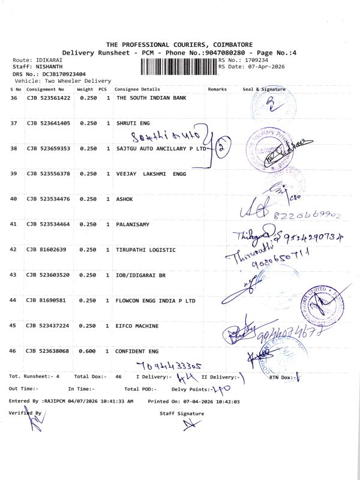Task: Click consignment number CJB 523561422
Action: tap(49, 98)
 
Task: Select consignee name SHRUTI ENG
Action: tap(133, 123)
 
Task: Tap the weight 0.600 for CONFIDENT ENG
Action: tap(88, 351)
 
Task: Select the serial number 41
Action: tap(14, 224)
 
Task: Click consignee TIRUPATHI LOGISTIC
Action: tap(146, 250)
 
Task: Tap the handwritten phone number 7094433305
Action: tap(169, 365)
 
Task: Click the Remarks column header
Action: tap(217, 89)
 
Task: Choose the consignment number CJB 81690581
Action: tap(47, 300)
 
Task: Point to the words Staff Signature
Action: tap(181, 413)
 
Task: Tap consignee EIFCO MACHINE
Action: tap(137, 326)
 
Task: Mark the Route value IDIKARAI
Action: tap(47, 61)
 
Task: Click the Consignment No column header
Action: tap(45, 89)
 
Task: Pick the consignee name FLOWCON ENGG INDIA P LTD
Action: tap(155, 300)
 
